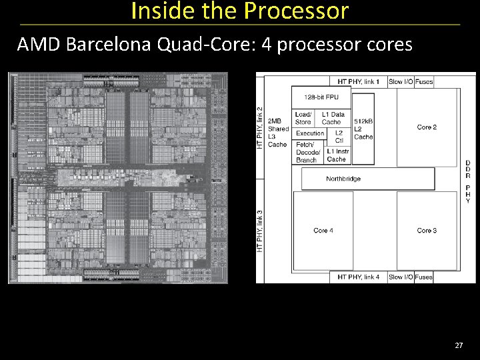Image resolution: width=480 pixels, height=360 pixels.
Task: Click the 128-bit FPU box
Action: click(321, 97)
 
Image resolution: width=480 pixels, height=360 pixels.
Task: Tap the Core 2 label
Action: click(427, 127)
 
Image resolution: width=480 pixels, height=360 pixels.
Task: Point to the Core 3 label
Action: click(427, 231)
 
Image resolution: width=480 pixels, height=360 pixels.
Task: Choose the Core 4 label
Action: click(323, 231)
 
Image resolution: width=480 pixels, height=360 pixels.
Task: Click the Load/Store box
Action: click(303, 118)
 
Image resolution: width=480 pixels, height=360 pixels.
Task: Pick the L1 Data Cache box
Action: click(333, 118)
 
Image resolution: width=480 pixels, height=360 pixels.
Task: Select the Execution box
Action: click(310, 133)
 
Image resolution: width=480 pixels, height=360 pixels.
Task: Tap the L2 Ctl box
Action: click(339, 137)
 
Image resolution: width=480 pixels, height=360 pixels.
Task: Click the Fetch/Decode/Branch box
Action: click(307, 153)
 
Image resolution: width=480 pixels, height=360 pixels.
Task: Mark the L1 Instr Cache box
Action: click(337, 155)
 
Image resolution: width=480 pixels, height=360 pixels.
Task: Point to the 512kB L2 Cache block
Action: click(363, 129)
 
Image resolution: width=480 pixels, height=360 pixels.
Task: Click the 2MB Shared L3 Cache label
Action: click(278, 132)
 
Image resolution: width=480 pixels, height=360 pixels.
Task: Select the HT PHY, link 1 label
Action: click(359, 81)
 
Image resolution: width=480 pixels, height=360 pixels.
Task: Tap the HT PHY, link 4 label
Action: click(359, 277)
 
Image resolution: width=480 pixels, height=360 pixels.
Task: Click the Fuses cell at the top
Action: click(424, 81)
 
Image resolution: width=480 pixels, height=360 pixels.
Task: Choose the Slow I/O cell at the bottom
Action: click(401, 277)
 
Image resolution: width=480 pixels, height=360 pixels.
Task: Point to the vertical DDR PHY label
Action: click(468, 181)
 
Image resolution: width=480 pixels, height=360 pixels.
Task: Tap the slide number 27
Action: click(458, 345)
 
